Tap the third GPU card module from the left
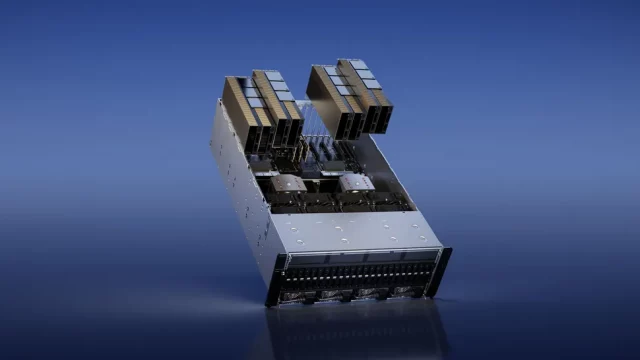coord(332,100)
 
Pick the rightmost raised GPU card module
coord(363,94)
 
